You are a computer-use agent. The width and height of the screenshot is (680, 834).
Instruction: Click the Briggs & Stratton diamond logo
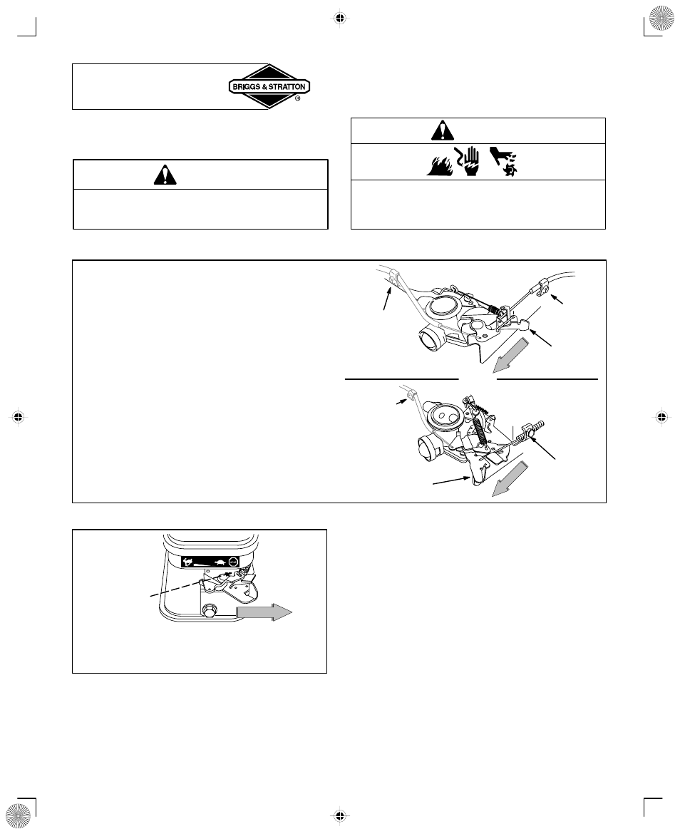tap(269, 87)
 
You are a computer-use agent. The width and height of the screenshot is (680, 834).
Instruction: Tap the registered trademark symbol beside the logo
tap(297, 98)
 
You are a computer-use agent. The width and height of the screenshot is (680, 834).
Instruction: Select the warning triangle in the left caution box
tap(165, 175)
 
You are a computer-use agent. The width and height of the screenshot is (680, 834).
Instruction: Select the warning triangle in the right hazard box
tap(443, 130)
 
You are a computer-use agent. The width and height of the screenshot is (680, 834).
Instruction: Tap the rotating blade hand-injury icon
tap(503, 162)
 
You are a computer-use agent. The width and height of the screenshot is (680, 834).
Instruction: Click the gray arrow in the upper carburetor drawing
tap(510, 356)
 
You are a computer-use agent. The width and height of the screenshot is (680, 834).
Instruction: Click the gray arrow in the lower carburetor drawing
tap(510, 479)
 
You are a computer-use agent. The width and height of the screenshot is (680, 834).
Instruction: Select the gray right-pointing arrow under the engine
tap(264, 612)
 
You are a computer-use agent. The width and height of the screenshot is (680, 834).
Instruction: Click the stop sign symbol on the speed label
tap(233, 562)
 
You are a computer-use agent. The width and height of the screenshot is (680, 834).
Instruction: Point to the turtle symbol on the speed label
tap(219, 562)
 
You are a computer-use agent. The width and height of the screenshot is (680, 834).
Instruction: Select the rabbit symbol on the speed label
tap(188, 562)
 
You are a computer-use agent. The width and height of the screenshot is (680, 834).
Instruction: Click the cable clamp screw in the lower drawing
tap(531, 436)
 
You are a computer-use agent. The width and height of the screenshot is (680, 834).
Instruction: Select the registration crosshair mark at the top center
tap(340, 19)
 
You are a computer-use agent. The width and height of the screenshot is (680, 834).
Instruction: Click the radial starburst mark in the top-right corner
tap(661, 19)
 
